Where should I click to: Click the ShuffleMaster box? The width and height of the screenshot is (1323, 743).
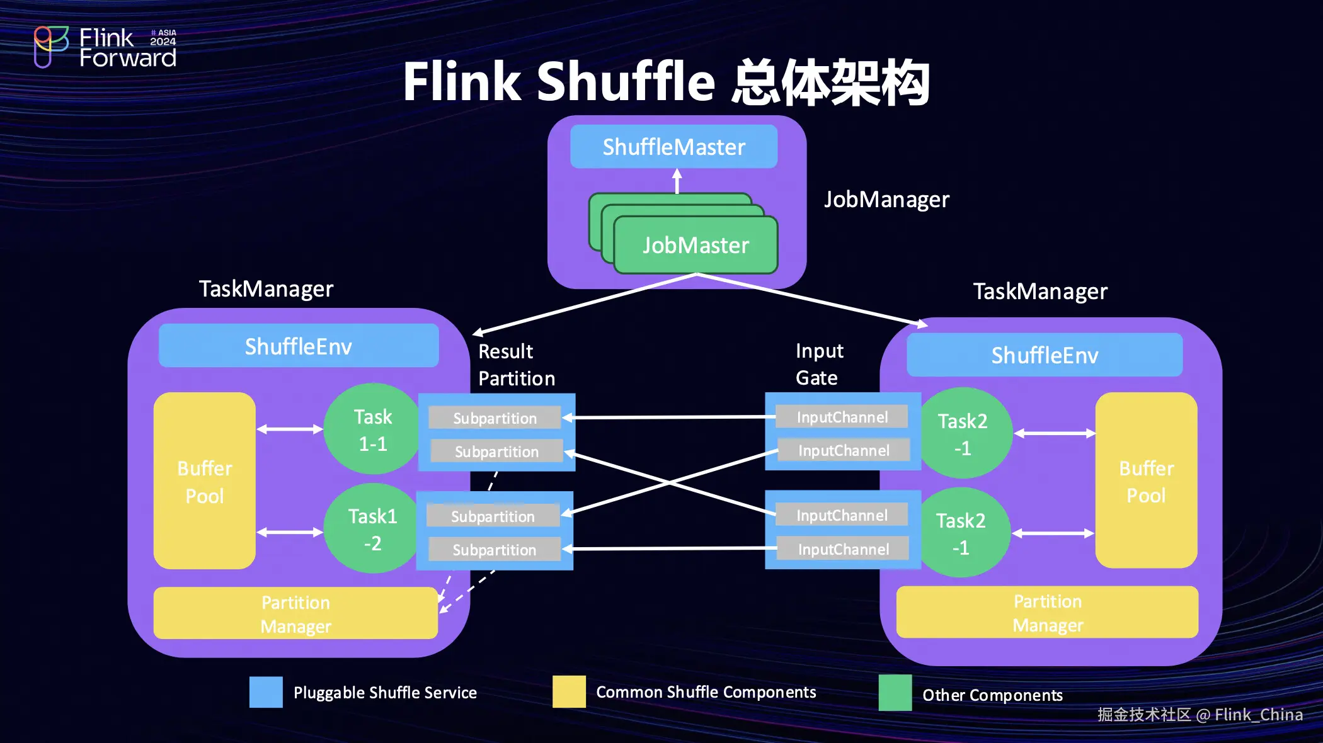point(673,147)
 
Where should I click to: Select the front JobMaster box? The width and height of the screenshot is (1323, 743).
point(696,245)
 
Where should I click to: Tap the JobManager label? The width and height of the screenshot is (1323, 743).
point(886,200)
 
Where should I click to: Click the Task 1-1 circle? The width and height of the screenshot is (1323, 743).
point(372,429)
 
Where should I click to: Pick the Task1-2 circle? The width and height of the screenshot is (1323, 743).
point(372,529)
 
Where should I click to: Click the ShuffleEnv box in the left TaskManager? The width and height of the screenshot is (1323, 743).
point(299,346)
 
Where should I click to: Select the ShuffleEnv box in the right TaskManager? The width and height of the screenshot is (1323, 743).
point(1045,355)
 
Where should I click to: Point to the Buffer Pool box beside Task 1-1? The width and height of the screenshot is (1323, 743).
point(204,481)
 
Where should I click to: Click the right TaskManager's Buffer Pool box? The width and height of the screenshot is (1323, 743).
point(1146,481)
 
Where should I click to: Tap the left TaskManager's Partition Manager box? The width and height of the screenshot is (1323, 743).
point(295,614)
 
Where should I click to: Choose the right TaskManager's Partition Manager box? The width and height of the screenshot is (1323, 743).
point(1047,613)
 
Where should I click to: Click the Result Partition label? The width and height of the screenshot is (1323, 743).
point(516,365)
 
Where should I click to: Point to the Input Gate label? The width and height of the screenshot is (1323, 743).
point(819,364)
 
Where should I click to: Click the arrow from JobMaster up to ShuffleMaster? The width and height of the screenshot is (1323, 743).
point(677,181)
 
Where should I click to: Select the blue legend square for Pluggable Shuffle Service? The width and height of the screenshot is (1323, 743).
point(266,692)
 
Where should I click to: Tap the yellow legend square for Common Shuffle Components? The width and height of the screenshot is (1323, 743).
point(569,691)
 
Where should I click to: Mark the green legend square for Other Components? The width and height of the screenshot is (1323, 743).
point(895,693)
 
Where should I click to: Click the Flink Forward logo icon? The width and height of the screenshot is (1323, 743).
point(50,46)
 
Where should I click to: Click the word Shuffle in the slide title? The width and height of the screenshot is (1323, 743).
point(626,82)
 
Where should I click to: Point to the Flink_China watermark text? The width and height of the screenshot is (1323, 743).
point(1258,715)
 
